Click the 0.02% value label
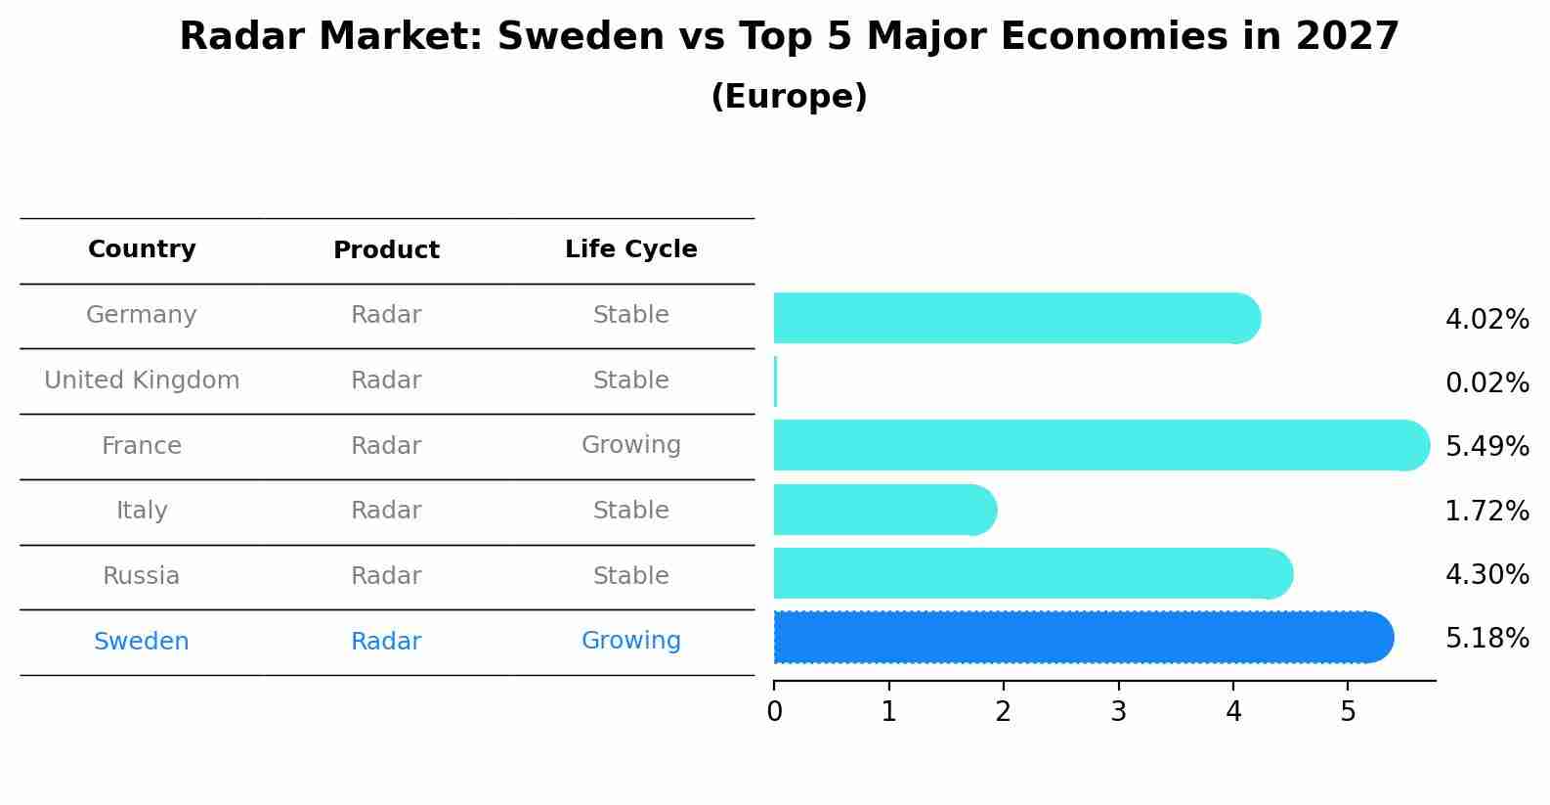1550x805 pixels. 1486,383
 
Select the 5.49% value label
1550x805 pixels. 1486,447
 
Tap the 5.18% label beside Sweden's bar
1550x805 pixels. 1486,639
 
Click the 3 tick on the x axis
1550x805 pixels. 1118,712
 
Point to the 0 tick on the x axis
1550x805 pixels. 774,712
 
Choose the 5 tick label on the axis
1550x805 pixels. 1348,712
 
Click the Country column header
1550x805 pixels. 142,249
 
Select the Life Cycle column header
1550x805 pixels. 630,249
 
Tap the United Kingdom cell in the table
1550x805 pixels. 142,380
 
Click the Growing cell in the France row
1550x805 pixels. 630,445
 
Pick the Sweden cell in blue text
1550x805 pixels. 142,642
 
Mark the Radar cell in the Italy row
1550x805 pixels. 386,511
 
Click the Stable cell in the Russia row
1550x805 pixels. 630,576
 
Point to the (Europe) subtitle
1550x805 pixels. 789,97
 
